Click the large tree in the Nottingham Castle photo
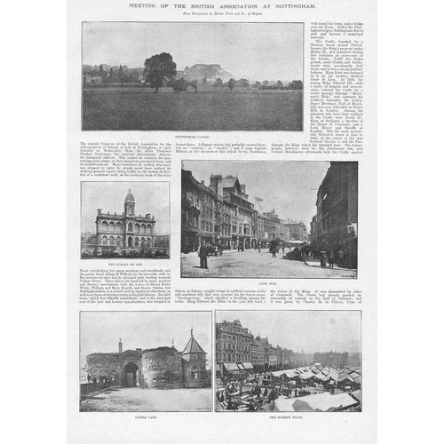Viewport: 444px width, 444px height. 160,69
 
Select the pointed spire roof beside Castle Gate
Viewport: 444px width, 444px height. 192,345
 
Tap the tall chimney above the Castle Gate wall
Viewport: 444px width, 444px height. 120,344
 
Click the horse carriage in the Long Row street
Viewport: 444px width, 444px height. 213,250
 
